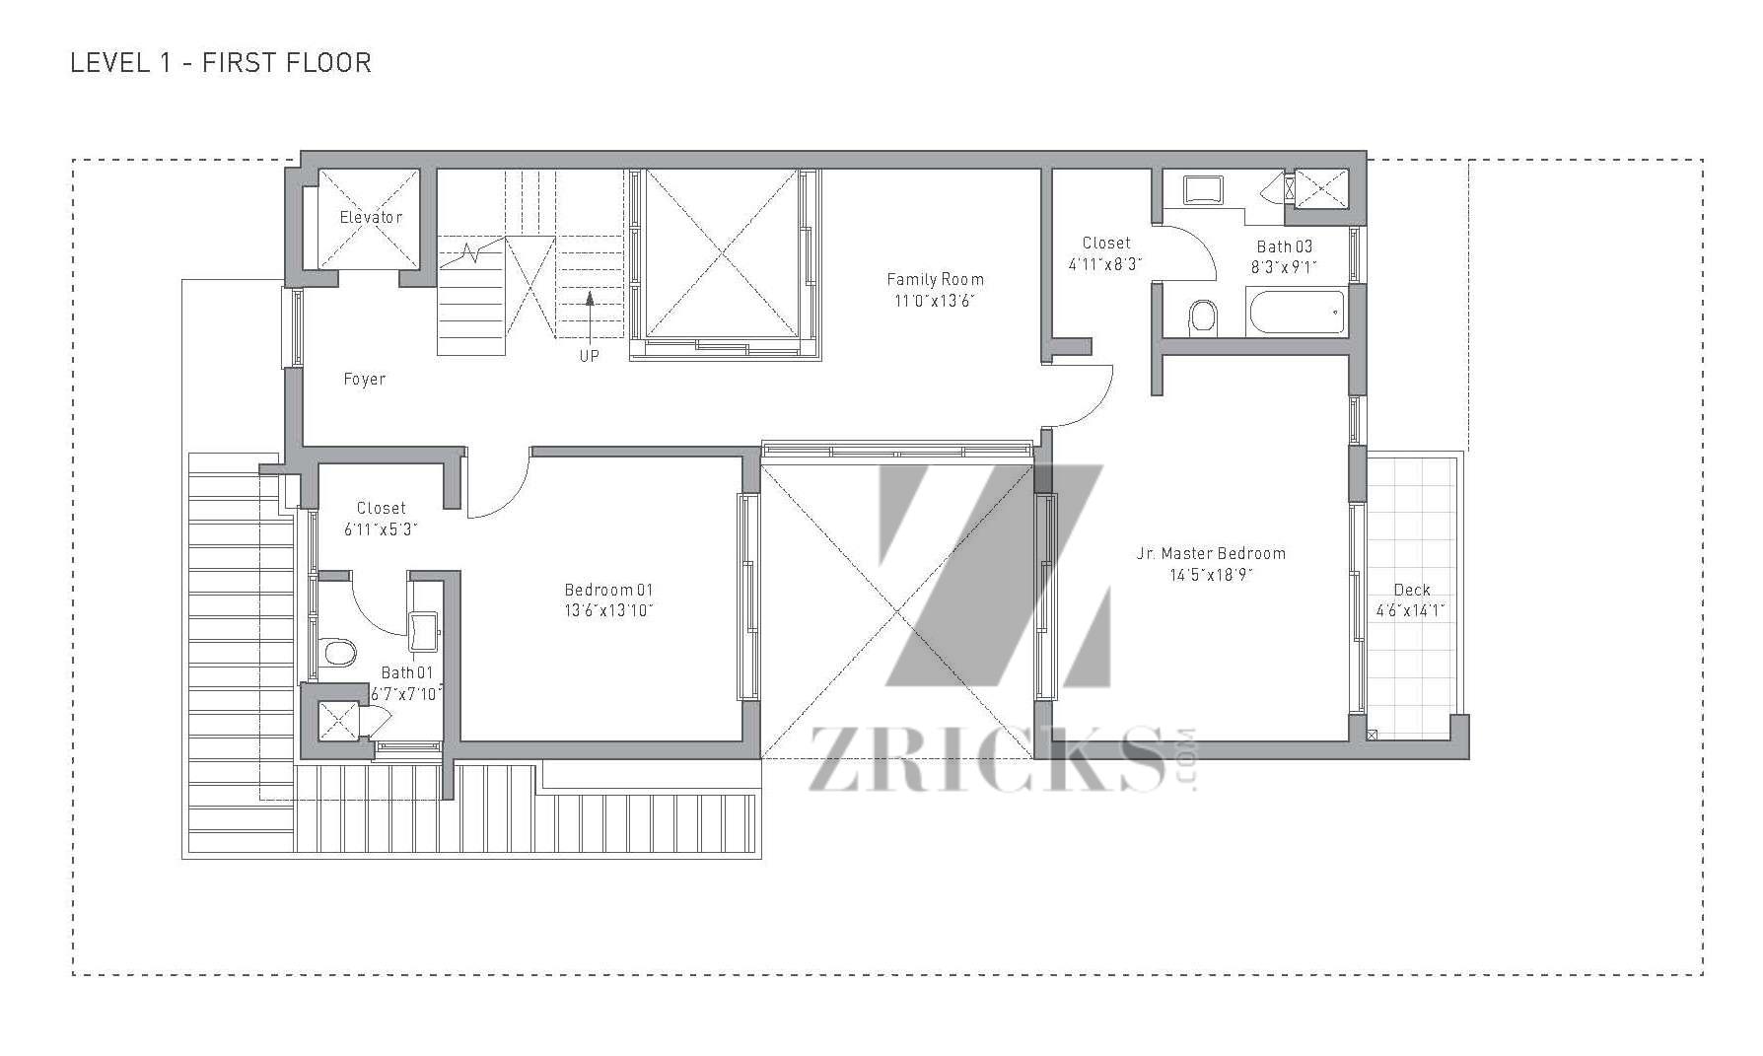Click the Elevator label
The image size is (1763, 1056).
371,217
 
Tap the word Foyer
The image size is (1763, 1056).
364,379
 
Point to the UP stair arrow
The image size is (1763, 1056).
590,316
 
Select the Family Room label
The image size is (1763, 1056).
935,279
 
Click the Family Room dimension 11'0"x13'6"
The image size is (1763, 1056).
934,301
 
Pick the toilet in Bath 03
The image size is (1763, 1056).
1203,317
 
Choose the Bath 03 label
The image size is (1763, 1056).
1284,246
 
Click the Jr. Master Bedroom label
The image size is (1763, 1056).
1211,553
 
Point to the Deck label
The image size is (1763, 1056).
1412,590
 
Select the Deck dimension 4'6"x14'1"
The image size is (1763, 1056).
1411,610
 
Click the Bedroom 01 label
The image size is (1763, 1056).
608,590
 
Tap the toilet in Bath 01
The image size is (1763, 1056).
339,653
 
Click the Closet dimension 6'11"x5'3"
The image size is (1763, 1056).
381,528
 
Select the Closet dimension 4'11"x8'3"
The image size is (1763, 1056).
1106,263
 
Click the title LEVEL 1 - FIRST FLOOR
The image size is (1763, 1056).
221,63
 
